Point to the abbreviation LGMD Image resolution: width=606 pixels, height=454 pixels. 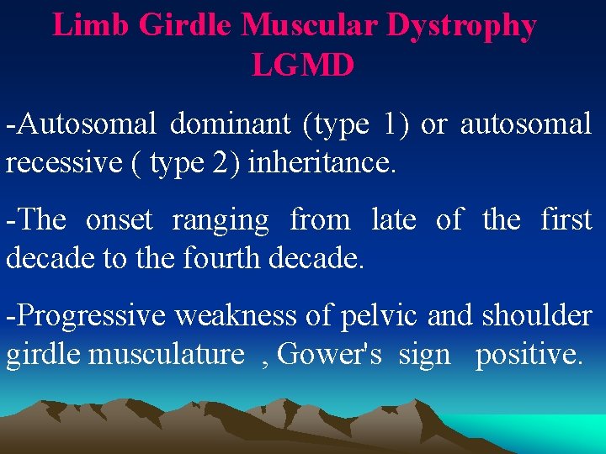303,65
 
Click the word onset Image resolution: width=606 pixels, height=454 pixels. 119,219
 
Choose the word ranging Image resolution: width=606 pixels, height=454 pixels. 221,221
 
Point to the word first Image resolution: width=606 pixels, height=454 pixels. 566,219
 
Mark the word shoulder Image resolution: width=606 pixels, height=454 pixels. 536,315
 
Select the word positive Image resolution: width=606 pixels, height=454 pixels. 528,355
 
